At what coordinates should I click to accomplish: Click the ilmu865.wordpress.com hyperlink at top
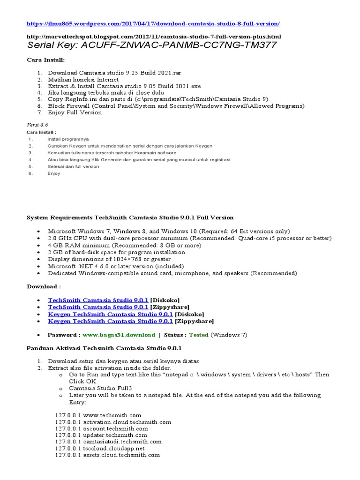(153, 23)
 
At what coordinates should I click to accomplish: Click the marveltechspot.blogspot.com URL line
(154, 37)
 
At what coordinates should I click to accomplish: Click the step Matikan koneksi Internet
(83, 80)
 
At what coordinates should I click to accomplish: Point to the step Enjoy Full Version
(75, 112)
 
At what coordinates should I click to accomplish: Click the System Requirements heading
(130, 217)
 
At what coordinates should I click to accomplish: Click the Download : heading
(44, 286)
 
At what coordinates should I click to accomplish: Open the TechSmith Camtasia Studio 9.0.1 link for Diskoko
(98, 300)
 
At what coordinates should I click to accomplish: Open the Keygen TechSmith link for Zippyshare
(110, 321)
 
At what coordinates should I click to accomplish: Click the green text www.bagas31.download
(119, 335)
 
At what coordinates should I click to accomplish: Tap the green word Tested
(199, 335)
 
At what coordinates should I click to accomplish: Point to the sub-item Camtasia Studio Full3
(100, 388)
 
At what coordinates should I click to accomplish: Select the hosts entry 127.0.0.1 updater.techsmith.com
(101, 435)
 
